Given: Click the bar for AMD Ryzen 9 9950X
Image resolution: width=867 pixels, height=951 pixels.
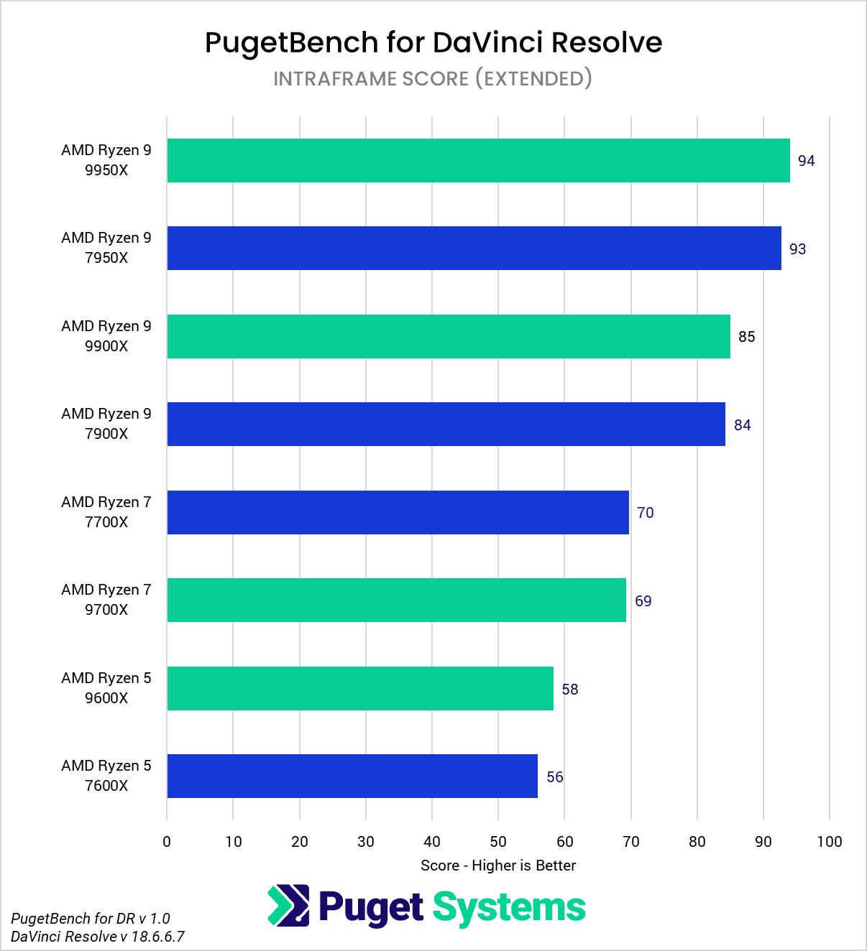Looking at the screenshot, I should point(478,160).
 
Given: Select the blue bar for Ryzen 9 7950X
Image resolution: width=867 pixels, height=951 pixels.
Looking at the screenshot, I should point(474,249).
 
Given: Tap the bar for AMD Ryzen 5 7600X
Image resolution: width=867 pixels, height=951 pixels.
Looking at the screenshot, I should point(352,776).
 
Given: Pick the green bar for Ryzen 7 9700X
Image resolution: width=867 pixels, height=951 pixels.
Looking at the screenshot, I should point(396,600).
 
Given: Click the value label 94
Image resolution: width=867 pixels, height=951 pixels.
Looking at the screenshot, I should point(806,161).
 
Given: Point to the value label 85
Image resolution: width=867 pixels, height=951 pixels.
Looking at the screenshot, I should point(746,337).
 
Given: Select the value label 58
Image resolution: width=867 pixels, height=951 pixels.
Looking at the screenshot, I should point(569,690).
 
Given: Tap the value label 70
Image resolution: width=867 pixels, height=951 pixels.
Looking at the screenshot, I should point(645,513).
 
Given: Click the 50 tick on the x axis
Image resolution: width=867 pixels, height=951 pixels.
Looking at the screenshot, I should point(498,842).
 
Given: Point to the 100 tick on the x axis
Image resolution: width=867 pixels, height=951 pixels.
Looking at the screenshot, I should point(829,842).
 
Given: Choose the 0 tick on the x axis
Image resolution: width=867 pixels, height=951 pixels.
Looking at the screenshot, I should point(167,842).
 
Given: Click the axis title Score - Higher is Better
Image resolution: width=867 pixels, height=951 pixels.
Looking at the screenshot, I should point(498,866).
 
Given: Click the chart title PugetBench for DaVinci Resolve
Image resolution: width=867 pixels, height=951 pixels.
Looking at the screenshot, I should point(433,43).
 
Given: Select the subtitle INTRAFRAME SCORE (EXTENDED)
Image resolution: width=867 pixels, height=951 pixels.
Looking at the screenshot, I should point(433,78).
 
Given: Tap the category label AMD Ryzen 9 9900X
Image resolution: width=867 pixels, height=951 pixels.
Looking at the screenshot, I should point(106,336).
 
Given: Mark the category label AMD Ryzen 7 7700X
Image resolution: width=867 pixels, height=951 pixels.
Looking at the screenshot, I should point(106,512).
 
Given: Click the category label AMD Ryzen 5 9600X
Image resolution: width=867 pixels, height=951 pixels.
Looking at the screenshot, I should point(106,688).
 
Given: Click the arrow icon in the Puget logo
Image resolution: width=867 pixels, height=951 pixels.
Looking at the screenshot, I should point(288,906).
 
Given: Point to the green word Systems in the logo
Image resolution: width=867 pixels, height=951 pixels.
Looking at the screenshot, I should point(509,908).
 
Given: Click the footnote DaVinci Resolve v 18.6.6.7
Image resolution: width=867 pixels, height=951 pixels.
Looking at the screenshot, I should point(98,937).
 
